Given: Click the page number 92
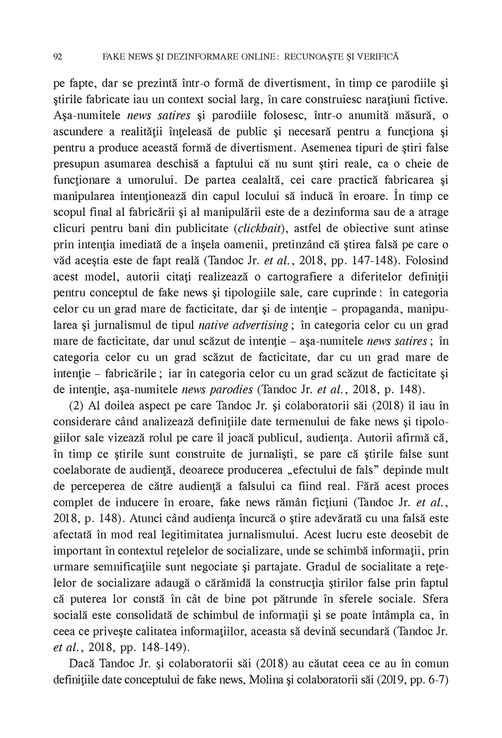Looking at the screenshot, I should [57, 57].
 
